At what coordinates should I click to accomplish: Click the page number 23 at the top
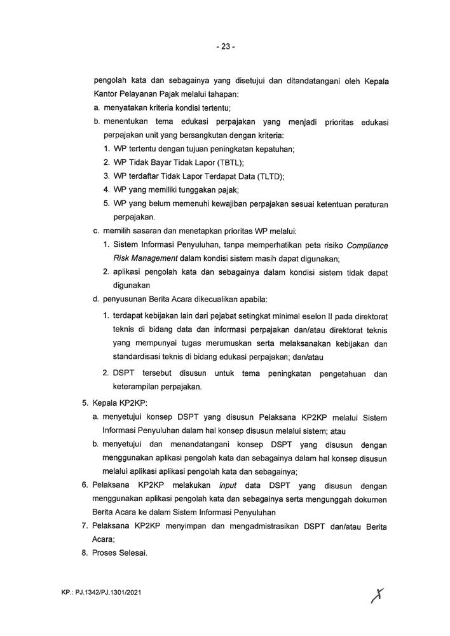(x=225, y=46)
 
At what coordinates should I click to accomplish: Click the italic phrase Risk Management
(x=144, y=258)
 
